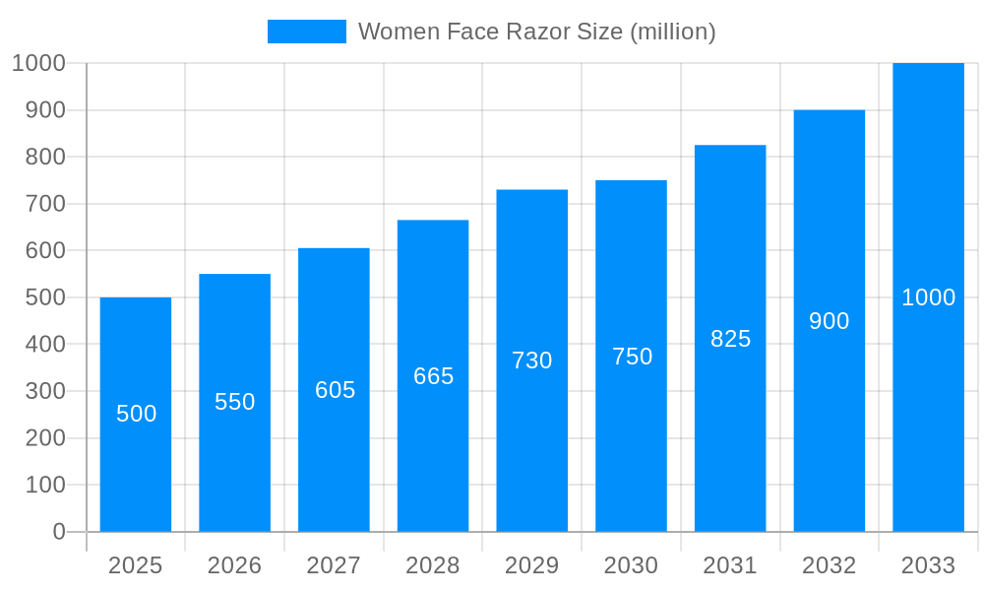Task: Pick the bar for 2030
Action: click(631, 443)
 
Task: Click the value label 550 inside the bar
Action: click(235, 402)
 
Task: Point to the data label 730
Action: click(532, 361)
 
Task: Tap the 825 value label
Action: click(730, 339)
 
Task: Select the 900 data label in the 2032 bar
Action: click(830, 321)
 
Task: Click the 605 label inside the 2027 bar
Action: click(335, 390)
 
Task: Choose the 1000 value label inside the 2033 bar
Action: click(928, 297)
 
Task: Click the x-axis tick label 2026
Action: click(235, 565)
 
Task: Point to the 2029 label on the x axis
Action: click(532, 565)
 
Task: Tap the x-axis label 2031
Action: click(730, 565)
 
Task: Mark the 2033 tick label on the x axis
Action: click(928, 565)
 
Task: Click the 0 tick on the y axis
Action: click(59, 532)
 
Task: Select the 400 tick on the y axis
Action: click(45, 345)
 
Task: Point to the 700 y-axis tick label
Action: click(45, 204)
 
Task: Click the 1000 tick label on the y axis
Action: click(39, 63)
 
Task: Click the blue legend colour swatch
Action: click(307, 32)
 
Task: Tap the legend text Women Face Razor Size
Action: click(536, 32)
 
